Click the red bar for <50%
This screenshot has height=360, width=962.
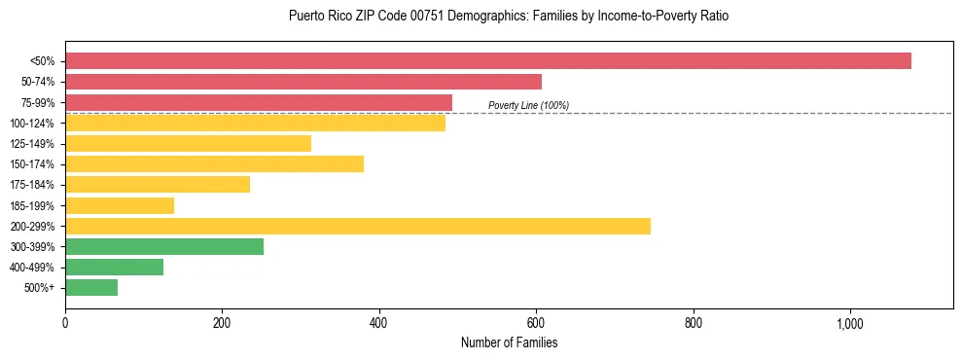pos(488,60)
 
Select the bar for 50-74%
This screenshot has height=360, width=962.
pos(303,82)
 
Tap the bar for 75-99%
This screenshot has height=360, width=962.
pos(259,102)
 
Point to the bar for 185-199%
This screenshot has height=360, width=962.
pos(120,205)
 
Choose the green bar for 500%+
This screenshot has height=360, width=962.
pos(91,287)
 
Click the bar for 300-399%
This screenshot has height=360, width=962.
pos(164,246)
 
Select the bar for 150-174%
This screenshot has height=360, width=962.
pos(214,163)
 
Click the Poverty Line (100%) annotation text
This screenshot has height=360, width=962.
pos(528,105)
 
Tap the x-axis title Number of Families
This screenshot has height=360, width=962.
pos(509,342)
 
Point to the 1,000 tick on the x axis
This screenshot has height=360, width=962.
pos(849,323)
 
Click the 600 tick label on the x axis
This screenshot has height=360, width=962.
pos(536,323)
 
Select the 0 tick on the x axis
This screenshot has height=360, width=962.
pos(65,323)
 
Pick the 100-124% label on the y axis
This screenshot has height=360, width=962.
pos(32,124)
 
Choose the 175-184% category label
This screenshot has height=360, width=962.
pos(32,185)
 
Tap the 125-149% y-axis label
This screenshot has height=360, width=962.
pos(32,144)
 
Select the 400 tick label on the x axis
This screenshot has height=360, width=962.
pos(379,323)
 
